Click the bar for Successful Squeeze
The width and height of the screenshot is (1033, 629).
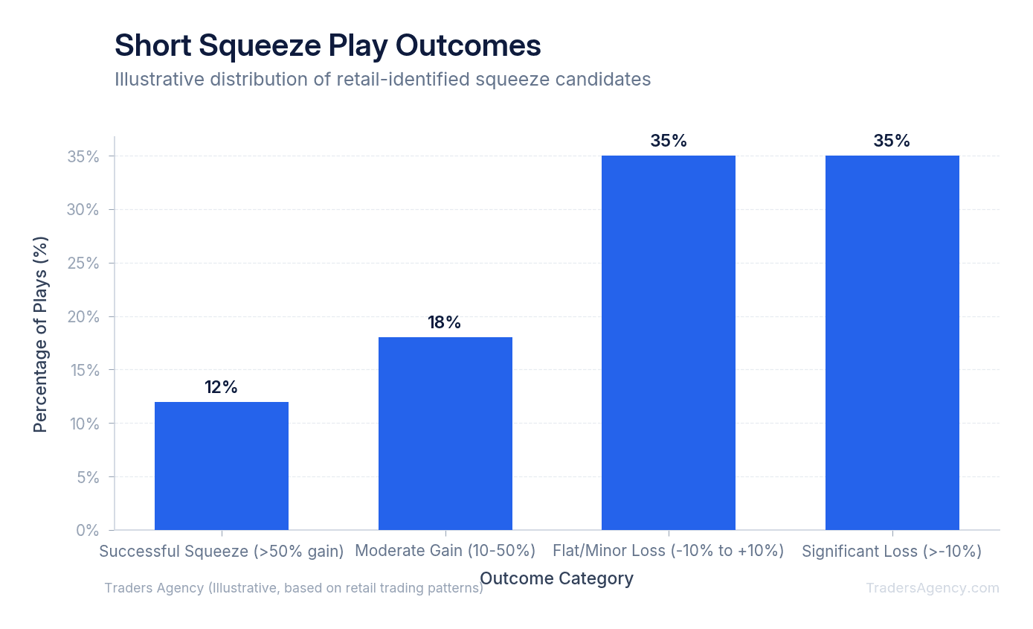tap(222, 466)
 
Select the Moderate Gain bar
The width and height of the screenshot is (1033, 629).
tap(445, 433)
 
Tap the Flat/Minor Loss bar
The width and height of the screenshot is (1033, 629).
tap(668, 342)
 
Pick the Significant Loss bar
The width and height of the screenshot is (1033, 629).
tap(892, 342)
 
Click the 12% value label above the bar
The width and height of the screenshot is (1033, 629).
tap(221, 387)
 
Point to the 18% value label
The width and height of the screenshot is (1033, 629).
tap(444, 322)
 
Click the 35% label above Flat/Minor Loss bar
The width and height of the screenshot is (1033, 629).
tap(668, 141)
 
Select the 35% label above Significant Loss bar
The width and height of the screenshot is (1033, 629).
tap(892, 141)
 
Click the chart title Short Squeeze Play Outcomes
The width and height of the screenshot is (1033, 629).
tap(327, 45)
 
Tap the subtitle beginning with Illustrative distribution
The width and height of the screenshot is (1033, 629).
tap(382, 79)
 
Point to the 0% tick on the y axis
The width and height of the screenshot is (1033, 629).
tap(88, 530)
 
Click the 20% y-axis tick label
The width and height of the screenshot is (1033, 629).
tap(83, 316)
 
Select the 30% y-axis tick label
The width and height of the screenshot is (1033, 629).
tap(83, 210)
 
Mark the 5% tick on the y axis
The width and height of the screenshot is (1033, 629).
tap(88, 477)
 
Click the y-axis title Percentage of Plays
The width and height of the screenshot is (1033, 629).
tap(40, 334)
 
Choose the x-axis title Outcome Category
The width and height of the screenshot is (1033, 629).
tap(556, 578)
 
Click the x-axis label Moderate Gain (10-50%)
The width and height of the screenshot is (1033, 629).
tap(445, 551)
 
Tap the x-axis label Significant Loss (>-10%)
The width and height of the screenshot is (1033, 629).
tap(892, 551)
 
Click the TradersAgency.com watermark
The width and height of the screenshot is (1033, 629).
tap(932, 588)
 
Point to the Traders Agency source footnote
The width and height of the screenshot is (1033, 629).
tap(293, 588)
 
